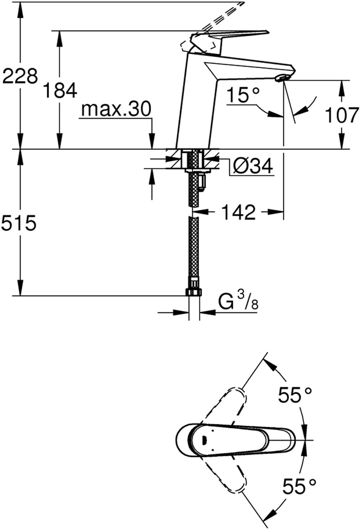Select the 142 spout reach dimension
click(x=237, y=212)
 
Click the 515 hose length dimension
click(x=18, y=224)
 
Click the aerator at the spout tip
click(x=282, y=78)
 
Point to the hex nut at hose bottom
click(x=194, y=292)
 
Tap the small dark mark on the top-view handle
click(x=203, y=439)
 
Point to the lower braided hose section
click(x=194, y=253)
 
